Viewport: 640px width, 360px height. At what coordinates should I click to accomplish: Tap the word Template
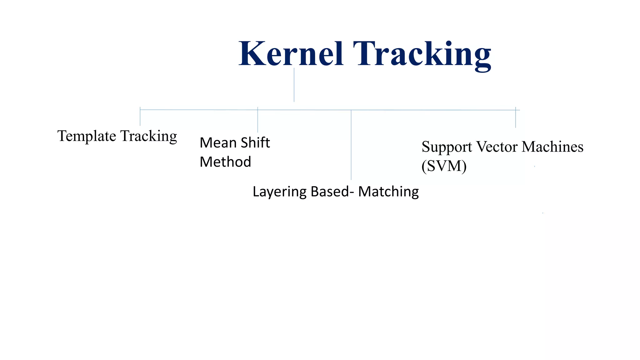pos(87,136)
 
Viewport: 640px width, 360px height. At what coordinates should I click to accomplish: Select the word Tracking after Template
pos(149,136)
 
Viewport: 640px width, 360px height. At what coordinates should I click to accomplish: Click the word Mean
pos(218,143)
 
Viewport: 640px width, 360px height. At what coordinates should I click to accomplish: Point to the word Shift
pos(255,143)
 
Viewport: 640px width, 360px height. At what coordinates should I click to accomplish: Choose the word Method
pos(225,162)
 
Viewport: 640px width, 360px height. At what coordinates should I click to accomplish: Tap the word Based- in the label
pos(332,192)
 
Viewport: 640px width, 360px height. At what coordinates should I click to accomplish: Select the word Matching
pos(388,192)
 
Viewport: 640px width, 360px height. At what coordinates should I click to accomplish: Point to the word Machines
pos(552,147)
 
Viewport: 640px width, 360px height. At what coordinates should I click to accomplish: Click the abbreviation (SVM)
pos(444,166)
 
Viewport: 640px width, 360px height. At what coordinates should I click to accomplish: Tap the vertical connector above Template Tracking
pos(140,117)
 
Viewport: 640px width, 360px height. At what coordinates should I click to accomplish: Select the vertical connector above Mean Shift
pos(257,121)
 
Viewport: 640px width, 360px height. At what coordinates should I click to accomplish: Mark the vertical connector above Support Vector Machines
pos(516,119)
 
